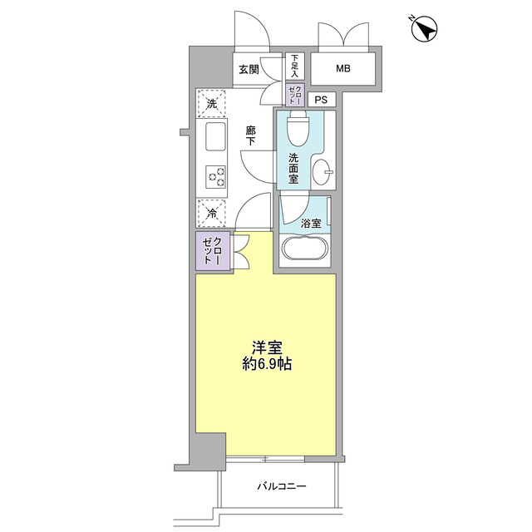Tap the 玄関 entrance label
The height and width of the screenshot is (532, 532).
click(x=249, y=69)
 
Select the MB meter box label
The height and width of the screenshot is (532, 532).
click(x=343, y=69)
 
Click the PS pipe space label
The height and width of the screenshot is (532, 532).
click(x=322, y=100)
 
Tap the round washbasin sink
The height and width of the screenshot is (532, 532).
click(x=324, y=173)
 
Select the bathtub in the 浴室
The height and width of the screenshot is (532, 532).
click(x=305, y=249)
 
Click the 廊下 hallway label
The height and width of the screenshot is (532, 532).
click(x=250, y=135)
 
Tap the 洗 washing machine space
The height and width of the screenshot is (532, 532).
click(x=212, y=104)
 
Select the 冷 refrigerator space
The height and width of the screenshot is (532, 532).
click(x=212, y=214)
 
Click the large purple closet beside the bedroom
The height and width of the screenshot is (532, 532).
click(x=212, y=252)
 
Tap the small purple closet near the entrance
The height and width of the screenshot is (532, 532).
click(x=295, y=93)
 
